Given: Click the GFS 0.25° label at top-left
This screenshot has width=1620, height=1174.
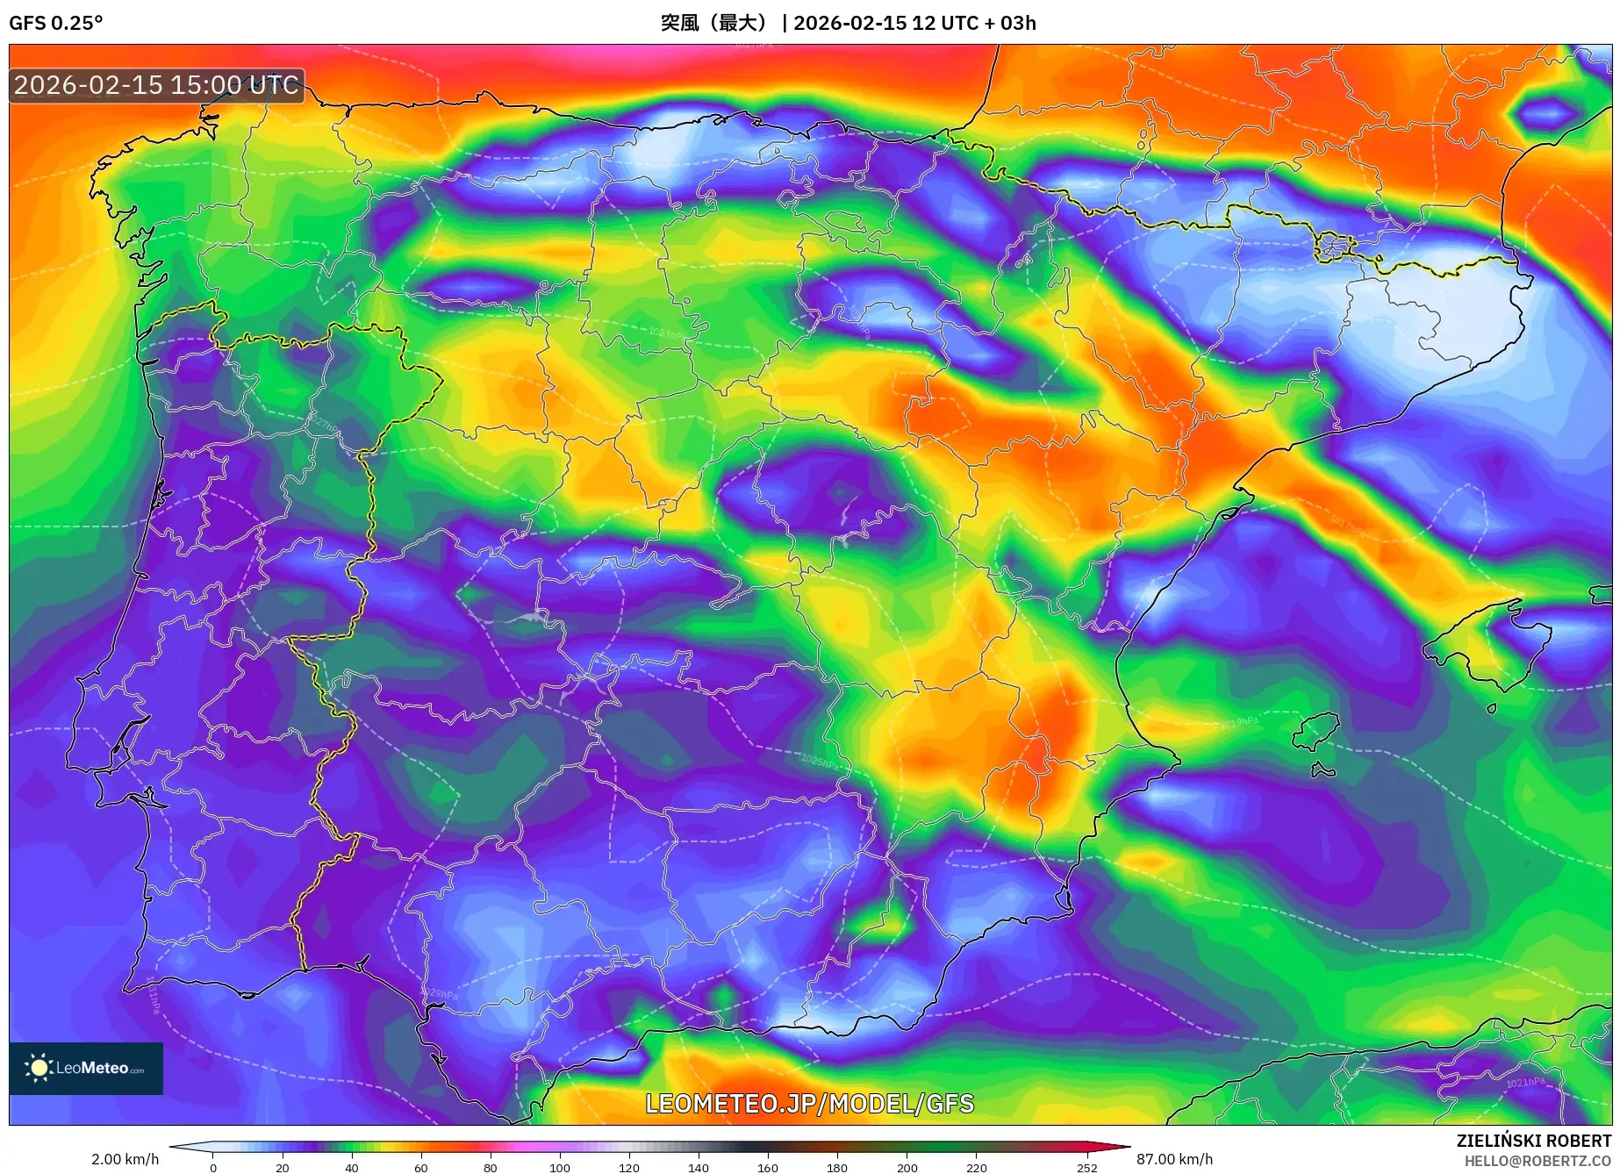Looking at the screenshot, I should pos(55,23).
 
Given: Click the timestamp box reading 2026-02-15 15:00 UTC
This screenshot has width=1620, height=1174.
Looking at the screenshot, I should pos(157,85).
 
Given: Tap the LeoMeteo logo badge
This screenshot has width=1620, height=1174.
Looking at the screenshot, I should pos(86,1068).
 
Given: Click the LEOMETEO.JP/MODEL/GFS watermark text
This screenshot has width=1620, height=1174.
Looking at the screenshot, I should pos(809,1104).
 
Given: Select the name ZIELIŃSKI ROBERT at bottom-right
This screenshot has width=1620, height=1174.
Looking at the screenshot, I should pos(1533,1141).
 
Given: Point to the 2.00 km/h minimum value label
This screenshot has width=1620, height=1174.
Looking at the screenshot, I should pos(125,1159).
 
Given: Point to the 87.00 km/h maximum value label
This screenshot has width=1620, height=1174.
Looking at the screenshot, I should pos(1174,1159).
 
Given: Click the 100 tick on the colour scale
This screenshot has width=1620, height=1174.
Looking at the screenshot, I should pos(559,1168).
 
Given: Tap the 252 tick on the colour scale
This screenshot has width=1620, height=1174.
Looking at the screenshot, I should pos(1086,1168).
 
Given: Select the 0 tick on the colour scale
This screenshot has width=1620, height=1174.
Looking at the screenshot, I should pos(212,1168).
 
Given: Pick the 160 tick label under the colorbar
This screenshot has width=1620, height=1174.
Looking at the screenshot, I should pos(767,1168).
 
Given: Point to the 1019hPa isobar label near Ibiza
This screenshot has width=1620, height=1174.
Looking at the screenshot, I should pos(1239,723).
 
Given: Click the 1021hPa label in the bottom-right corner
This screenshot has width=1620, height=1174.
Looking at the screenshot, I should pos(1525,1082).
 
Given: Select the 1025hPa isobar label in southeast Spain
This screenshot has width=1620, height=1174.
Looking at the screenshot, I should pos(820,761).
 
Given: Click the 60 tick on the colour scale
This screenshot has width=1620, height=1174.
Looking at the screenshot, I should pos(420,1168).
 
